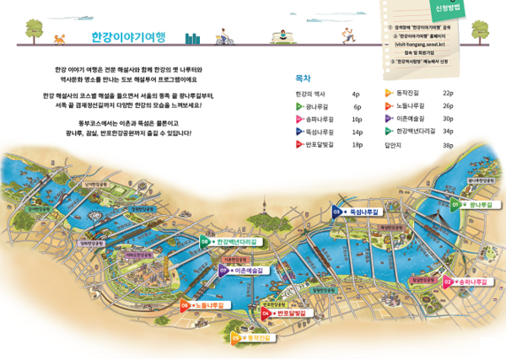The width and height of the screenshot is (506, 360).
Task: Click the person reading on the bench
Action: (x=283, y=35)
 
